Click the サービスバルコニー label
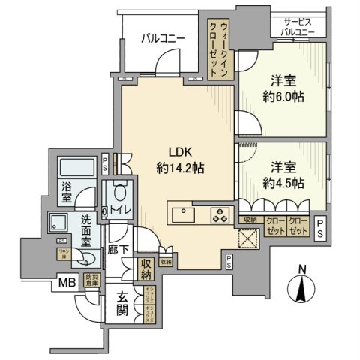click(x=298, y=28)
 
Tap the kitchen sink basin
click(x=182, y=214)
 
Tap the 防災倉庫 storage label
click(x=92, y=282)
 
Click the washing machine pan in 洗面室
click(x=58, y=222)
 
